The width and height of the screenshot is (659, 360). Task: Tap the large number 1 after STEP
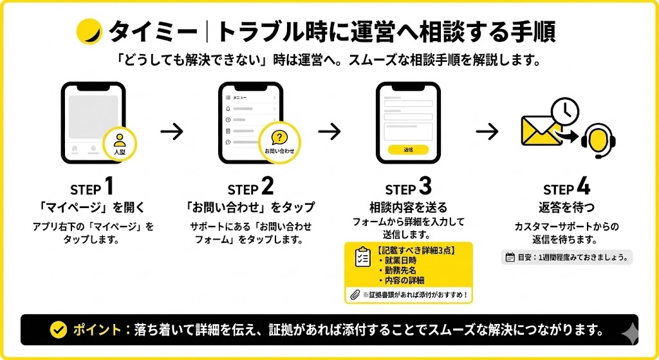109,187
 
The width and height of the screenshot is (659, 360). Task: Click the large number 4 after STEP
582,187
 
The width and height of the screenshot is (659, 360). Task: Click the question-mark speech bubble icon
279,138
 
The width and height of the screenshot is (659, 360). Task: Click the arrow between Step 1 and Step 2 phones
172,131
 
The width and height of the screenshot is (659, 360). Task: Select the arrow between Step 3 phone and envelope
487,131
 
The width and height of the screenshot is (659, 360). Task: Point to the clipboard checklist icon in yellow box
362,258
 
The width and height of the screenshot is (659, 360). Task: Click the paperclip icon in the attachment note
354,295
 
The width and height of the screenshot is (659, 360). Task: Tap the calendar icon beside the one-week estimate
510,257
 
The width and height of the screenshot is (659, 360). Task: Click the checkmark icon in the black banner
59,330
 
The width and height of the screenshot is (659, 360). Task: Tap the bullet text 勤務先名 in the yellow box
401,270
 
